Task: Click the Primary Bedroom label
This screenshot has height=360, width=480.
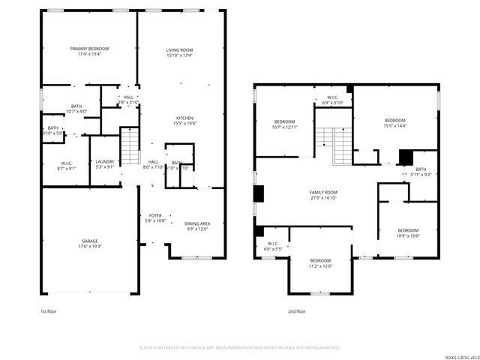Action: click(88, 51)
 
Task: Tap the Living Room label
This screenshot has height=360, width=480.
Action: click(179, 51)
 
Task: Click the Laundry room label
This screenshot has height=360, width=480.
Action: click(104, 163)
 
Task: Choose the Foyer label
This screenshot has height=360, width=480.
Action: click(154, 217)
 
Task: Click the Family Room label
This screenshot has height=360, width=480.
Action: click(323, 194)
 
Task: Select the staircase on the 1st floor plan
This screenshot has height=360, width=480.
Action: click(130, 146)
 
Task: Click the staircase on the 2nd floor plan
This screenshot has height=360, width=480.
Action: click(334, 138)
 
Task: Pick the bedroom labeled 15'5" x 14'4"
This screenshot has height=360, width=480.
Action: click(394, 123)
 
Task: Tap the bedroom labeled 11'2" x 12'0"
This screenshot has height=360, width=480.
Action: click(320, 263)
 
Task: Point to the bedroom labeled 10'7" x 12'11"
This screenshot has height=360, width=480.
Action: click(284, 124)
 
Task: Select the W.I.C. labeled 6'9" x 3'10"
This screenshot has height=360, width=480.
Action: click(332, 100)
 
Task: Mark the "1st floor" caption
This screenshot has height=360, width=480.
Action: click(49, 310)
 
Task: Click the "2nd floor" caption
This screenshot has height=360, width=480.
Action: click(296, 310)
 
